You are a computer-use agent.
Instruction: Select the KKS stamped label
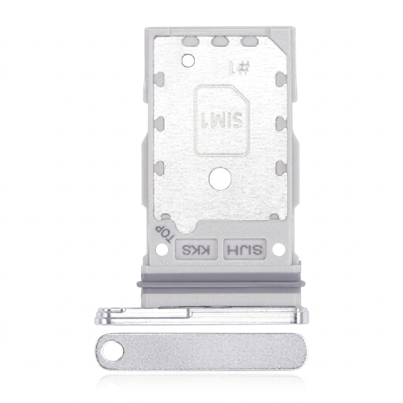pyautogui.click(x=196, y=249)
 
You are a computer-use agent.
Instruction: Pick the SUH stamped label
pyautogui.click(x=245, y=249)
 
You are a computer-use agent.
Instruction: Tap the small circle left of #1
pyautogui.click(x=188, y=60)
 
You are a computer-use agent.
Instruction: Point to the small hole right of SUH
pyautogui.click(x=279, y=249)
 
